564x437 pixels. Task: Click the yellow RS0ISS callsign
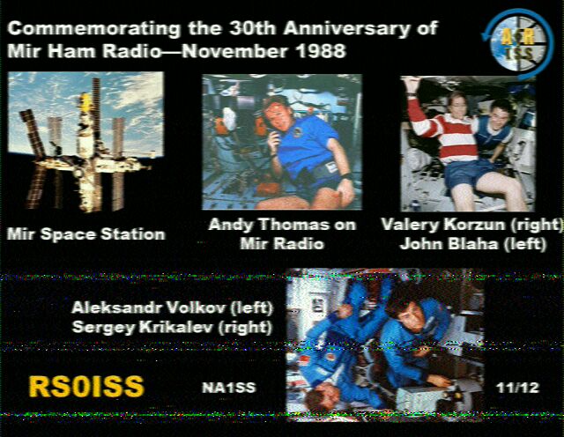click(86, 387)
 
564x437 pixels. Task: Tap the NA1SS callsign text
click(229, 388)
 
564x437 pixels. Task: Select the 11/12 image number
click(517, 388)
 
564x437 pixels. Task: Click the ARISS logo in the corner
click(518, 44)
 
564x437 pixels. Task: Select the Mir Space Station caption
click(86, 234)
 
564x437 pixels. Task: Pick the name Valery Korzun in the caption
click(442, 226)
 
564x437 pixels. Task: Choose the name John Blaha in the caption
click(449, 244)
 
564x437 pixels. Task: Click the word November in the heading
click(235, 51)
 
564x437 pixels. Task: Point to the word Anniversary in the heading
click(346, 29)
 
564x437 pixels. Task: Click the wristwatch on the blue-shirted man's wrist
click(346, 176)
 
